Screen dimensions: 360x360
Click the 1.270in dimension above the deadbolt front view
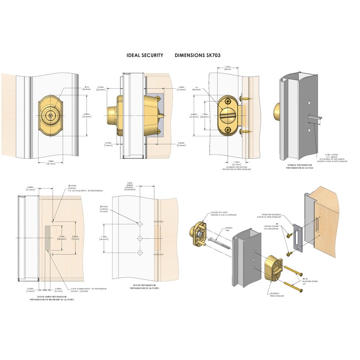tap(228, 67)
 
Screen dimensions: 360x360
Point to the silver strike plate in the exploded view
tap(297, 237)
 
